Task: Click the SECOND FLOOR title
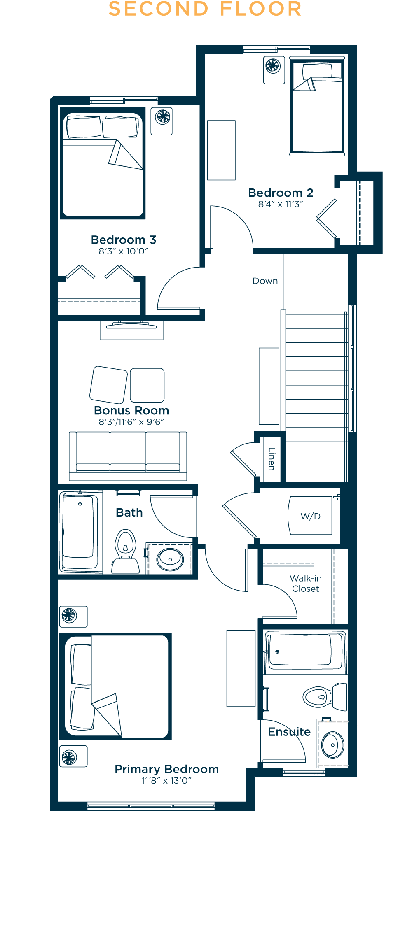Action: (x=205, y=9)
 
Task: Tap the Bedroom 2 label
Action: (x=281, y=193)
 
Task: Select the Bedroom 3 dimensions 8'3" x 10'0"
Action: (x=123, y=251)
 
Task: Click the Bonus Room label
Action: (x=131, y=410)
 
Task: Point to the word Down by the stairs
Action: (x=265, y=281)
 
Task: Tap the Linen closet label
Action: (x=272, y=458)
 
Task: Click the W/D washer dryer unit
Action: (x=311, y=516)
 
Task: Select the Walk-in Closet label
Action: (x=306, y=584)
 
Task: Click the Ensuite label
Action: (x=289, y=732)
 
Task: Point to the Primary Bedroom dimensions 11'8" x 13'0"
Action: (x=166, y=781)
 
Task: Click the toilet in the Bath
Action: (x=125, y=551)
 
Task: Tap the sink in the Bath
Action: (x=170, y=559)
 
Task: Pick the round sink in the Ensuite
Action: (x=333, y=745)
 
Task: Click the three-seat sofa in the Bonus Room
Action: (x=128, y=456)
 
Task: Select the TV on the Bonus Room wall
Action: (x=131, y=326)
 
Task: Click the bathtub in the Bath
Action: (x=80, y=532)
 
